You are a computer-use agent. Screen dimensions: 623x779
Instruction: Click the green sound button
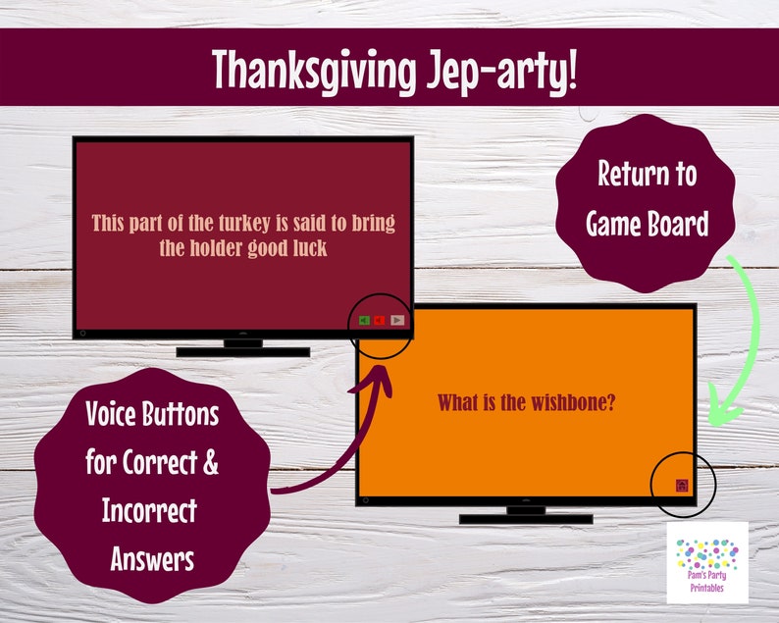tap(364, 320)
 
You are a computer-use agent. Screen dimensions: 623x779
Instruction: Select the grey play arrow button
tap(397, 320)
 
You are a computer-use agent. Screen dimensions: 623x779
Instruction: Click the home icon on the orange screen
tap(681, 485)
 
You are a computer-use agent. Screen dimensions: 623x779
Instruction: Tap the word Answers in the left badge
tap(152, 559)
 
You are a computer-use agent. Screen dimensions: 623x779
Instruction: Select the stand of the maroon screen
tap(242, 348)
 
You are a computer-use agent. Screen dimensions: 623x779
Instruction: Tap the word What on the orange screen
tap(458, 402)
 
